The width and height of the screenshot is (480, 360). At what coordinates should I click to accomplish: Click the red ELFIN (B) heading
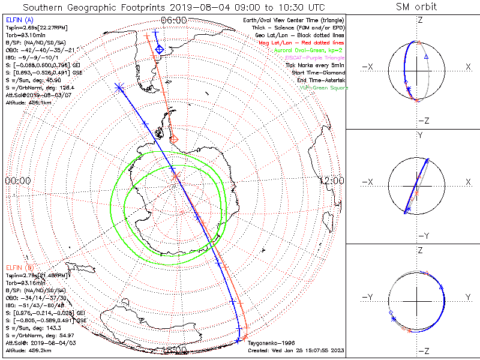[20, 267]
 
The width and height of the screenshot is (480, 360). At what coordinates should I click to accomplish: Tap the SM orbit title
[416, 7]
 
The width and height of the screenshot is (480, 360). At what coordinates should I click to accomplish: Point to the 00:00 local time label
[18, 180]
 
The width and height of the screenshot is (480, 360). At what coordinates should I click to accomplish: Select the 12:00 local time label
[331, 180]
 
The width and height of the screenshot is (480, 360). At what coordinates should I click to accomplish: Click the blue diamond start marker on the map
[159, 49]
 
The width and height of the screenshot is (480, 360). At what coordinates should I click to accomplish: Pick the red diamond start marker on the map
[174, 140]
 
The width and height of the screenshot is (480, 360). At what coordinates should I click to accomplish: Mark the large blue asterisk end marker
[119, 87]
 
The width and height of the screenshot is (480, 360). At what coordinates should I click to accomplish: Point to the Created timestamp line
[296, 350]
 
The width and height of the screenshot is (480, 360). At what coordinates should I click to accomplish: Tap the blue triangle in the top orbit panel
[426, 56]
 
